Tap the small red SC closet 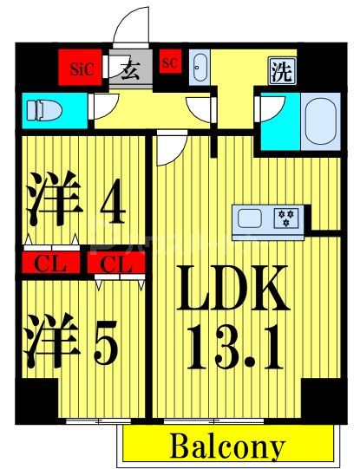[x=169, y=62]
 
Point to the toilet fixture [x=40, y=109]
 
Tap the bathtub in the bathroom [x=321, y=121]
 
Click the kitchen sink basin [x=248, y=218]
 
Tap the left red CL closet [x=42, y=263]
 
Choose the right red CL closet [x=112, y=263]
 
